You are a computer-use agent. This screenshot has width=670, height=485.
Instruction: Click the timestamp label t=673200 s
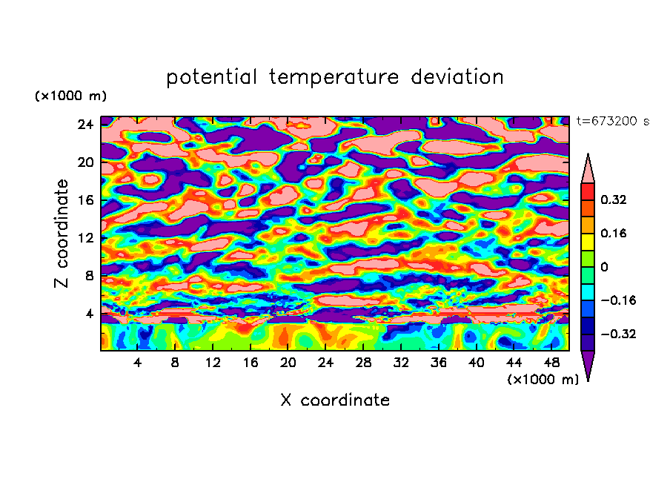click(612, 122)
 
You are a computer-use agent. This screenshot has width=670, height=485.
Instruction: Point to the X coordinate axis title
click(335, 400)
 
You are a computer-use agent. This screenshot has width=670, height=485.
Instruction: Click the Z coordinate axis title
click(62, 234)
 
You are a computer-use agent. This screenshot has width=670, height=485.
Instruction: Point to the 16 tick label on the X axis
click(251, 363)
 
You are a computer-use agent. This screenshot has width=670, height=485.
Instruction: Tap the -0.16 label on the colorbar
click(618, 300)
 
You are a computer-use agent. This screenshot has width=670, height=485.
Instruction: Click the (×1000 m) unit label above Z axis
click(70, 96)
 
